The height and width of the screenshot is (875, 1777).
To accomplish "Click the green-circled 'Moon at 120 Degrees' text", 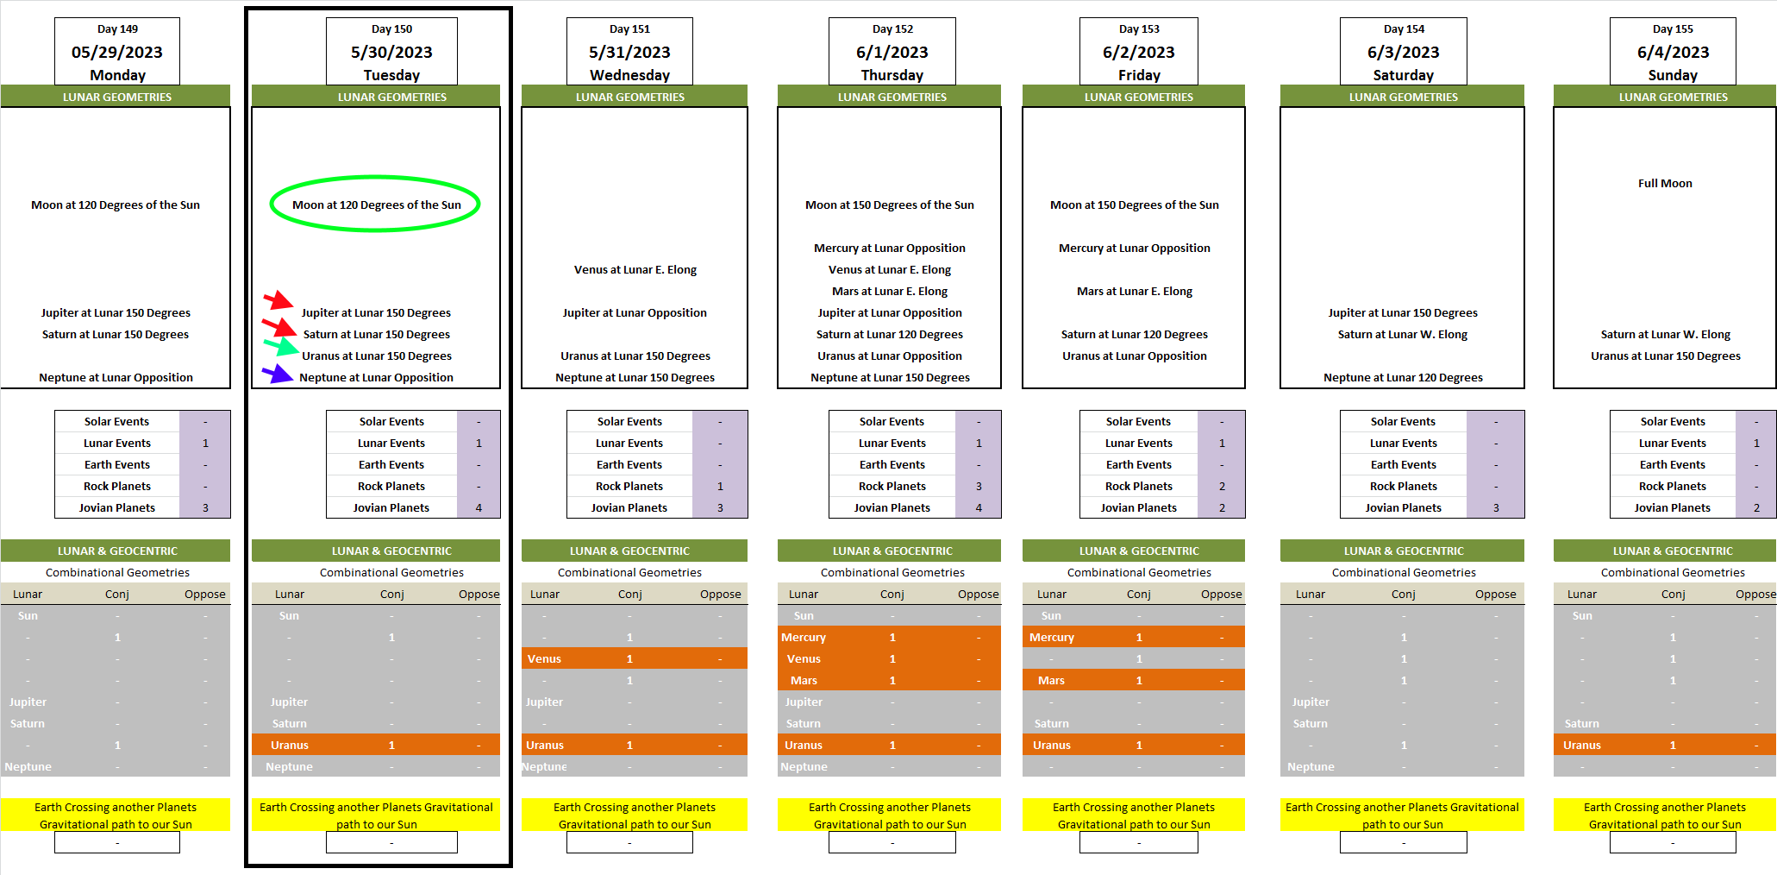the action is tap(376, 205).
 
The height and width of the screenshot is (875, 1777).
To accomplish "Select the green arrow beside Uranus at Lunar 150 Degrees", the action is tap(281, 347).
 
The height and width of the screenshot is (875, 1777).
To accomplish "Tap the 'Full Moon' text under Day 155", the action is tap(1665, 183).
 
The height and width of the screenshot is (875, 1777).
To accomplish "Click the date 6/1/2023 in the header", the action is tap(892, 53).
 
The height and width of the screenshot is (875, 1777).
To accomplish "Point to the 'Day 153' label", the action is tap(1139, 29).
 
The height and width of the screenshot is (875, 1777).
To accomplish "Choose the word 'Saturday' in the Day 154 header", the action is tap(1403, 75).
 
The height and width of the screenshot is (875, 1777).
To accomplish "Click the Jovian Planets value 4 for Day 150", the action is tap(479, 507).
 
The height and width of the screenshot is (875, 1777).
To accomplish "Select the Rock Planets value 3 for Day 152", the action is tap(979, 486).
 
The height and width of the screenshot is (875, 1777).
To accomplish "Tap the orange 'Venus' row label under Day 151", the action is tap(544, 658).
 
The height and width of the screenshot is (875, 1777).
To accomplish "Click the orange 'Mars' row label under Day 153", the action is tap(1051, 680).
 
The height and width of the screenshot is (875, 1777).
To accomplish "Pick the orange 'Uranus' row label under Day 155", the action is tap(1581, 745).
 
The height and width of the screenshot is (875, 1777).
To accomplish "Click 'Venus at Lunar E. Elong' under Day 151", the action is tap(635, 269).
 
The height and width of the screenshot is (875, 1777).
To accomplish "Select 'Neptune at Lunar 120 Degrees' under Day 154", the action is tap(1403, 377).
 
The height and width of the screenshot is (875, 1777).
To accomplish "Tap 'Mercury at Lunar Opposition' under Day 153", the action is tap(1134, 248).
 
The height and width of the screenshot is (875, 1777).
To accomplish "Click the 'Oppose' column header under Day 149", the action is tap(204, 594).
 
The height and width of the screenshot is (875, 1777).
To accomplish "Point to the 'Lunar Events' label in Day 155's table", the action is tap(1672, 443).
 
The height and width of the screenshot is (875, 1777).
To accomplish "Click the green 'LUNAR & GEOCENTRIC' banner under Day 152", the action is tap(892, 551).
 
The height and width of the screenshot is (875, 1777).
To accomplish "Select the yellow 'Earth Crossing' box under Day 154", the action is tap(1402, 815).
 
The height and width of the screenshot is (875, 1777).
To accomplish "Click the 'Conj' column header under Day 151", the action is tap(629, 594).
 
